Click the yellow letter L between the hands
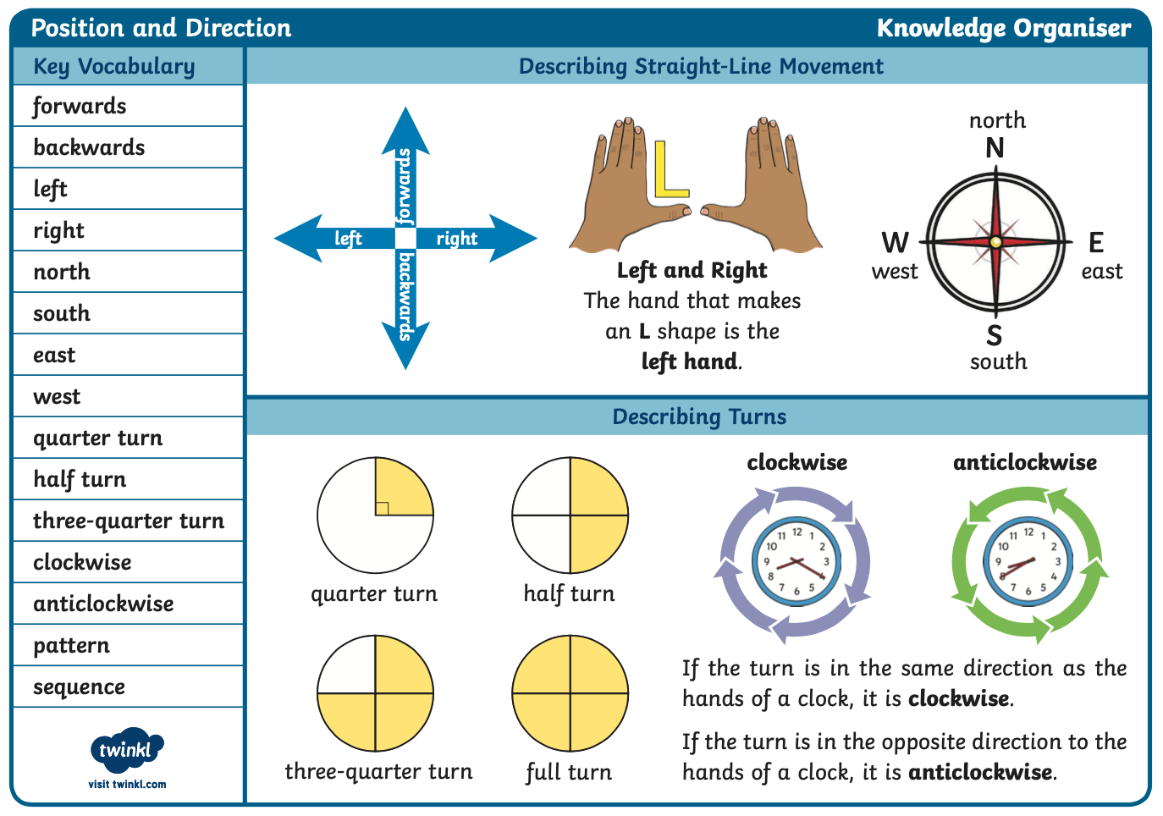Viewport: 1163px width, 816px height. pyautogui.click(x=670, y=169)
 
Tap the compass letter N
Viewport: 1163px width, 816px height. pyautogui.click(x=995, y=148)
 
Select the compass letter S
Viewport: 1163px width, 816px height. pyautogui.click(x=995, y=335)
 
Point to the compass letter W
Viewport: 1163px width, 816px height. pyautogui.click(x=896, y=242)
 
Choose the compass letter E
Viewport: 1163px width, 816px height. pyautogui.click(x=1096, y=242)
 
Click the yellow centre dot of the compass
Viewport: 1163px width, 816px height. pyautogui.click(x=995, y=242)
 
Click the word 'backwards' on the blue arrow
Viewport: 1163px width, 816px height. pyautogui.click(x=405, y=297)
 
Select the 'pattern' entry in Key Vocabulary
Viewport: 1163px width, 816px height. pyautogui.click(x=72, y=646)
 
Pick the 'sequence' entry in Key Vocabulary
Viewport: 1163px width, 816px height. pyautogui.click(x=79, y=687)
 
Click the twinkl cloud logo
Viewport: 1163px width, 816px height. pyautogui.click(x=127, y=750)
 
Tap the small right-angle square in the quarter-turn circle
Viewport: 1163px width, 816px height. pyautogui.click(x=382, y=509)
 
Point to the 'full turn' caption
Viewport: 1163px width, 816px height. pyautogui.click(x=569, y=772)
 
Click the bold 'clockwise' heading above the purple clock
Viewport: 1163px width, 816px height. pyautogui.click(x=797, y=462)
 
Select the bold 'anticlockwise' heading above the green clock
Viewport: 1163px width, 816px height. pyautogui.click(x=1025, y=462)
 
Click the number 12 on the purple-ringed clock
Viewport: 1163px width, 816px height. pyautogui.click(x=797, y=532)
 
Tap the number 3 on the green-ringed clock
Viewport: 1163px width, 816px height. pyautogui.click(x=1057, y=562)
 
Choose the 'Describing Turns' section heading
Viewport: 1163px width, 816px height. pyautogui.click(x=699, y=416)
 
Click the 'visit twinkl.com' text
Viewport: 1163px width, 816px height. pyautogui.click(x=127, y=785)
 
